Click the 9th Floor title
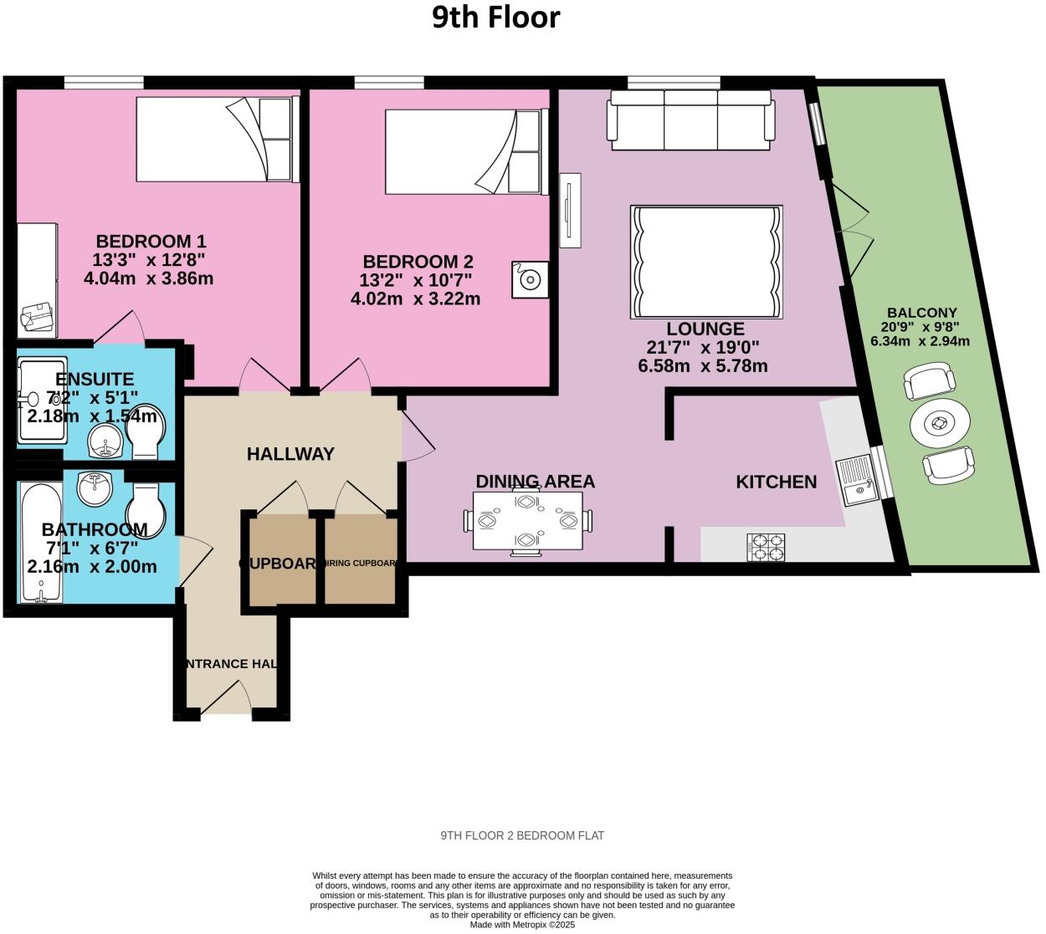496,17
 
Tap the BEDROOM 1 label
151,242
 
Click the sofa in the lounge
691,120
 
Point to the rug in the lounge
706,262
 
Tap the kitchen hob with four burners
766,547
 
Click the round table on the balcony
940,425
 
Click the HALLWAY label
290,454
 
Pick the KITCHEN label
776,482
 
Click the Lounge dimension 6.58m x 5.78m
703,366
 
